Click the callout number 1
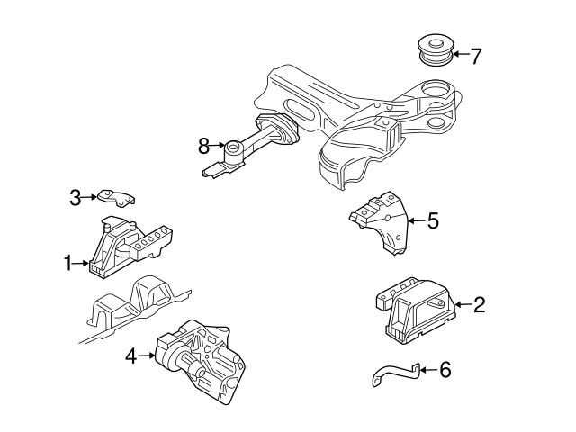pos(67,264)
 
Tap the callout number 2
pos(479,305)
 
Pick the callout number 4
pos(131,356)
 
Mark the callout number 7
pos(476,56)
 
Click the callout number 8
pos(203,144)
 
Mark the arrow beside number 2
pos(459,306)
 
